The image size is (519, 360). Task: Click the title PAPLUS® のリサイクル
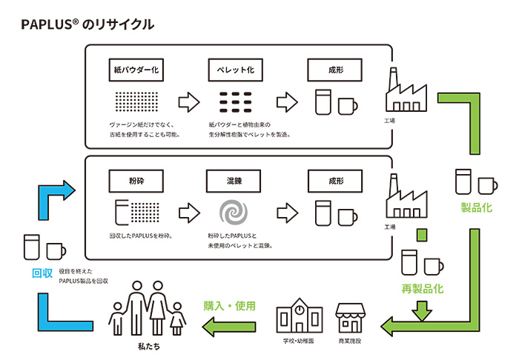pyautogui.click(x=87, y=24)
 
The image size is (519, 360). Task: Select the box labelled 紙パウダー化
pyautogui.click(x=136, y=70)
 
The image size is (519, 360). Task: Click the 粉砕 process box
pyautogui.click(x=136, y=180)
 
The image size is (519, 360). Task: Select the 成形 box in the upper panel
pyautogui.click(x=335, y=70)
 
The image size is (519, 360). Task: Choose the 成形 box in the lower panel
pyautogui.click(x=335, y=180)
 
